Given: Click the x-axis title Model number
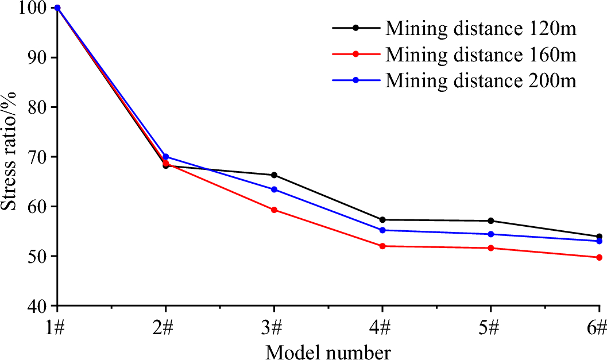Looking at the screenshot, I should pyautogui.click(x=328, y=350).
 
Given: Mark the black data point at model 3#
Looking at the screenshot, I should pyautogui.click(x=274, y=175).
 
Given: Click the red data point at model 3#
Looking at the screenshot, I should pyautogui.click(x=274, y=210).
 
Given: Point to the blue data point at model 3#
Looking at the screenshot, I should pyautogui.click(x=274, y=189).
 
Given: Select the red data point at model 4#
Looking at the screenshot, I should pyautogui.click(x=382, y=246).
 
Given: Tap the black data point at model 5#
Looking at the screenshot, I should pyautogui.click(x=490, y=220).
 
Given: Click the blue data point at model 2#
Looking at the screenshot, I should pyautogui.click(x=165, y=157).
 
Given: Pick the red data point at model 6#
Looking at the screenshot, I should pyautogui.click(x=598, y=257).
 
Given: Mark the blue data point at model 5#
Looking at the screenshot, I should pyautogui.click(x=490, y=234).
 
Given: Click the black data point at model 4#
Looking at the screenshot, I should pyautogui.click(x=382, y=219).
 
